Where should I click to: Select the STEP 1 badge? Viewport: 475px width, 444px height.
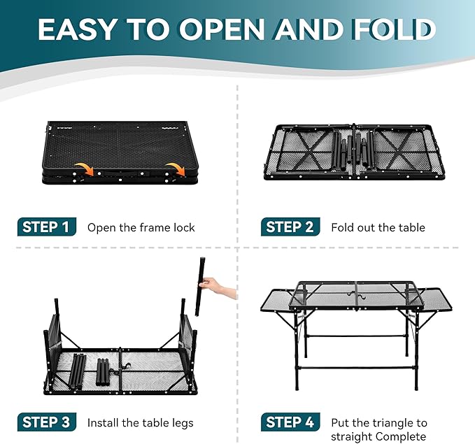(x=46, y=227)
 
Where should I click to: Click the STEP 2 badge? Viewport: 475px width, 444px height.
(x=290, y=227)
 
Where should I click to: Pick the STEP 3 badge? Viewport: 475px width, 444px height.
(x=46, y=422)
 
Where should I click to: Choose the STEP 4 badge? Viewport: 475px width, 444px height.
(x=290, y=422)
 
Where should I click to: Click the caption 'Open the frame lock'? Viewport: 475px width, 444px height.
(x=141, y=227)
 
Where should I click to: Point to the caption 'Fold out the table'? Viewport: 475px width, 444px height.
(x=378, y=227)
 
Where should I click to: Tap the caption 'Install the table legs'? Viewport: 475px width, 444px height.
(x=140, y=422)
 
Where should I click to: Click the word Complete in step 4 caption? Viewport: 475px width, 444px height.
(x=400, y=436)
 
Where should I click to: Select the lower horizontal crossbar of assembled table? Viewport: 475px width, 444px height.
(x=357, y=366)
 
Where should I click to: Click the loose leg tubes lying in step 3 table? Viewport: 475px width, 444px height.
(x=91, y=366)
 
